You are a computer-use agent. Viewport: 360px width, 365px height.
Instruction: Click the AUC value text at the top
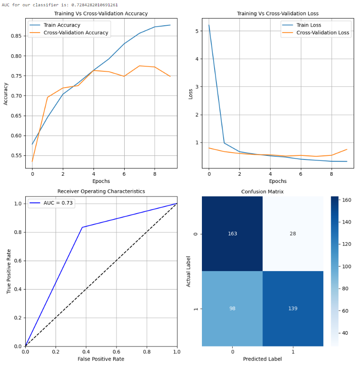[x=60, y=5]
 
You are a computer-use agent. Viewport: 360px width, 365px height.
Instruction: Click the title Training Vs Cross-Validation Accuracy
[x=101, y=14]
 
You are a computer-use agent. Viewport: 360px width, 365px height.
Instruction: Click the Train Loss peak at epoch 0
[x=209, y=25]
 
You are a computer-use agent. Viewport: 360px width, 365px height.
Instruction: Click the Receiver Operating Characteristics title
[x=101, y=192]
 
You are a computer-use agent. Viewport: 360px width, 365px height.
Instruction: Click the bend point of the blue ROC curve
[x=82, y=227]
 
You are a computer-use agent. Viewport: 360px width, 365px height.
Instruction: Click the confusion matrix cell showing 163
[x=232, y=234]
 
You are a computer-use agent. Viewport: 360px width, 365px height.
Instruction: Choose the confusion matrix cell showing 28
[x=293, y=234]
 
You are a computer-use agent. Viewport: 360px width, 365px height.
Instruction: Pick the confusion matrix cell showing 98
[x=232, y=309]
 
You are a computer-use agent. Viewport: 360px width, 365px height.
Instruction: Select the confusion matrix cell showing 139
[x=293, y=309]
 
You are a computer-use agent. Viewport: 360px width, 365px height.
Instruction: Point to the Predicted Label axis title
[x=262, y=359]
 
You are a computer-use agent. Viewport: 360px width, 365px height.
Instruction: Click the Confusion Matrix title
[x=262, y=192]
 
